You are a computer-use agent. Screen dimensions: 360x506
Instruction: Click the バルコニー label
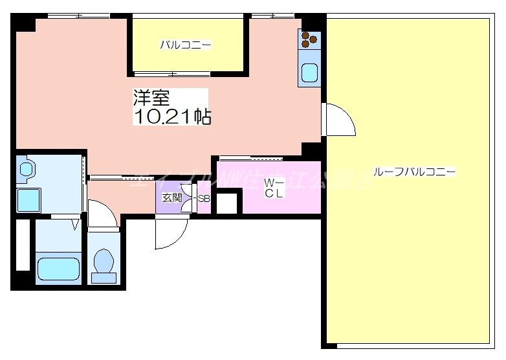point(186,45)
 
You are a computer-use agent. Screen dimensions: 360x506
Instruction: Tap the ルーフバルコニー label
point(414,172)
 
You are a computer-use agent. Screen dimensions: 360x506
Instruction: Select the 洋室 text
point(151,98)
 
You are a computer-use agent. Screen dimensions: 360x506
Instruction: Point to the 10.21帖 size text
point(172,117)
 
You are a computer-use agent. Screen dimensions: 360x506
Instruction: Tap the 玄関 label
point(171,198)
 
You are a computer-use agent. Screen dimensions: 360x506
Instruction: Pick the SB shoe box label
point(203,199)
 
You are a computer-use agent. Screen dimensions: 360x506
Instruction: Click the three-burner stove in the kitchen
point(309,40)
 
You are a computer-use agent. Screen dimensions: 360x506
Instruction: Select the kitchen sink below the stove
point(309,73)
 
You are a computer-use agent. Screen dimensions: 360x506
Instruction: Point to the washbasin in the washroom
point(27,170)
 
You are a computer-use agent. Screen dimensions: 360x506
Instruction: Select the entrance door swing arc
point(171,233)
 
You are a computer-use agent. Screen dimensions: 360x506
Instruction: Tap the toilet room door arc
point(102,213)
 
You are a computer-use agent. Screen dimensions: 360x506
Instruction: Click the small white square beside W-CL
point(226,203)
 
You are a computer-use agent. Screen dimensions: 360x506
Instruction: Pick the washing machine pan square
point(28,200)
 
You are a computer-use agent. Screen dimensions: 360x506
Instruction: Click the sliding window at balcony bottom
point(172,73)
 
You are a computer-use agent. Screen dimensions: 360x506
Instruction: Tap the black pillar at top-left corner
point(25,21)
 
